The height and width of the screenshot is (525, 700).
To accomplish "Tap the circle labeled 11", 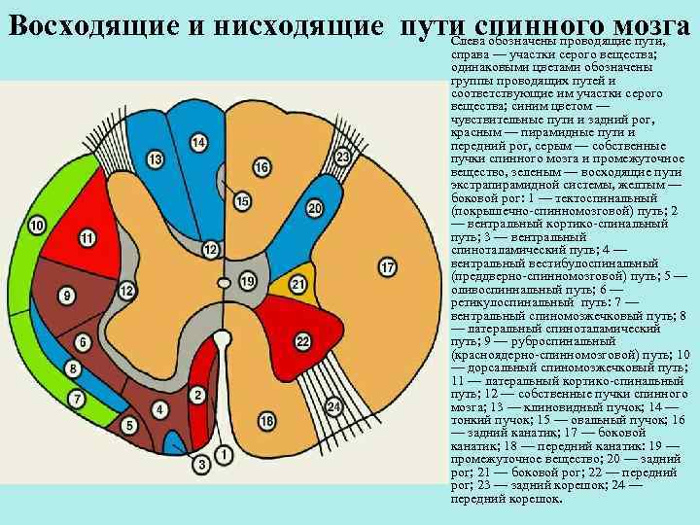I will tap(88, 237).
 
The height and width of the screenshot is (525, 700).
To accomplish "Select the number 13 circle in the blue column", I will tap(156, 158).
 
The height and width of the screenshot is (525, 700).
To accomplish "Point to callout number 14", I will tap(198, 143).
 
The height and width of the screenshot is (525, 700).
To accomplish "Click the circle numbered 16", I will tap(261, 167).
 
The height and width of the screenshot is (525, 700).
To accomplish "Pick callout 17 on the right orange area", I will tap(387, 266).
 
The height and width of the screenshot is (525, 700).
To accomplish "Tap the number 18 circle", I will tap(266, 420).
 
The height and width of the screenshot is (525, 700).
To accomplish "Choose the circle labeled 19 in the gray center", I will tap(248, 281).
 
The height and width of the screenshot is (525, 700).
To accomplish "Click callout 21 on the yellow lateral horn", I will tap(299, 284).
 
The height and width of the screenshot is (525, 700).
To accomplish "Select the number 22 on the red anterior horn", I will tap(302, 339).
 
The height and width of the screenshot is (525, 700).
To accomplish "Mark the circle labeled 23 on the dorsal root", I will tap(342, 157).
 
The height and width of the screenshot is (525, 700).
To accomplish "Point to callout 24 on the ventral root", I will tap(334, 405).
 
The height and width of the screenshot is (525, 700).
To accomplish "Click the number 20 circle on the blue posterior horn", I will tap(314, 208).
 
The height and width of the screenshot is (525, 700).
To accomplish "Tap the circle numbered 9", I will tap(67, 294).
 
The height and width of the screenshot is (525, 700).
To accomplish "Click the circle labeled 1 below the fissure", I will tap(225, 453).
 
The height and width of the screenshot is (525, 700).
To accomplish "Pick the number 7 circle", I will tap(77, 399).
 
